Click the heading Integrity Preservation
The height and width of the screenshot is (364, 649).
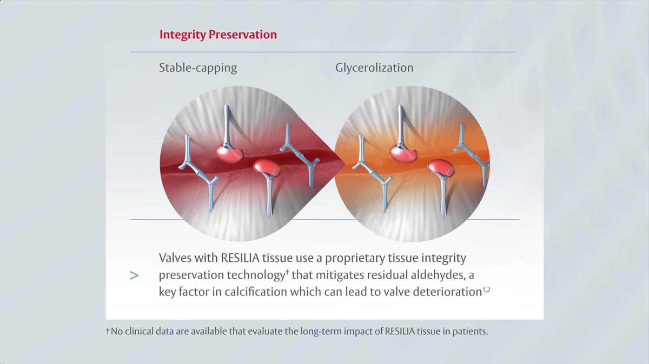[217, 35]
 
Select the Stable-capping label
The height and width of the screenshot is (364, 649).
[198, 68]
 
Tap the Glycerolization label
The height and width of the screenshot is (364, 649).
[374, 68]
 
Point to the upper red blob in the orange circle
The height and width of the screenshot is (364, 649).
[405, 152]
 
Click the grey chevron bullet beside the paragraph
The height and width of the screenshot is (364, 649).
[135, 275]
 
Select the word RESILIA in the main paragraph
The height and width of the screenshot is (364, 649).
[240, 258]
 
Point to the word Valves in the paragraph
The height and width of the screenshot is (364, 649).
[175, 258]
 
